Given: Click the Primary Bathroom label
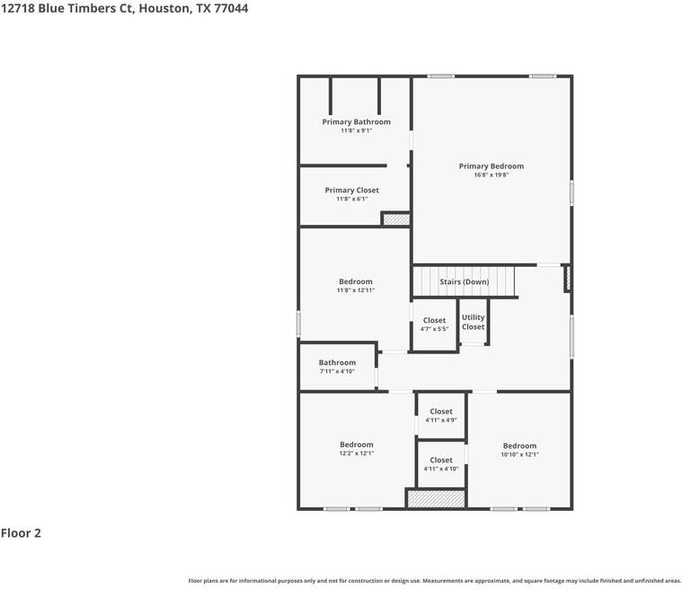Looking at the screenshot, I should click(356, 121).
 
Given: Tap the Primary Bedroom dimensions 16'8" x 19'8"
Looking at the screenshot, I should click(491, 175).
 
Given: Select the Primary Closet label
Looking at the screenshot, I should click(351, 190).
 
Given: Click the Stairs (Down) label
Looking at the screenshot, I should click(464, 281).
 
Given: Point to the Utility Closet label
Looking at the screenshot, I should click(473, 322).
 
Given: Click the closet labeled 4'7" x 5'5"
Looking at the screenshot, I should click(434, 324).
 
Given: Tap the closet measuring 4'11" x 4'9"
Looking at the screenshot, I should click(440, 415).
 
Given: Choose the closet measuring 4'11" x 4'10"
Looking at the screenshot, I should click(440, 464).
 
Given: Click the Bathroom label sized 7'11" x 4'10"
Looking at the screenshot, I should click(337, 367).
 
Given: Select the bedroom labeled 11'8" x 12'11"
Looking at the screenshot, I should click(355, 286).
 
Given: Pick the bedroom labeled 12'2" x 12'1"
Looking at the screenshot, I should click(356, 449).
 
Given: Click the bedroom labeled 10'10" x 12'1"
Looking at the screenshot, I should click(519, 450).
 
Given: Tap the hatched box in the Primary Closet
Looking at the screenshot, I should click(395, 219).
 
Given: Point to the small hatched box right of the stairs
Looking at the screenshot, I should click(567, 278).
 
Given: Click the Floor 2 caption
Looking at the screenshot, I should click(21, 532).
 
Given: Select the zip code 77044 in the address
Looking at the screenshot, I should click(231, 8).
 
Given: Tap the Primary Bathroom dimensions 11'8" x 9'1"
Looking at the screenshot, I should click(356, 131).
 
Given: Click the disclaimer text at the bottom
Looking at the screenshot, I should click(434, 580).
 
